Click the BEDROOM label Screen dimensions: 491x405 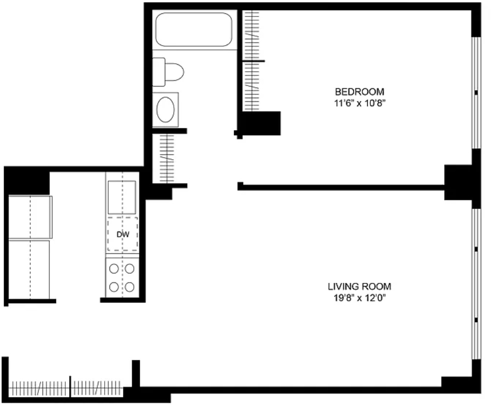(x=359, y=92)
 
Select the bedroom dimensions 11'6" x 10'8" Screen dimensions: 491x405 (x=359, y=103)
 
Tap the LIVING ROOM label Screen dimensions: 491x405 (x=359, y=287)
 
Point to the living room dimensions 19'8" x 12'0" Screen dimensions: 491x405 (x=359, y=298)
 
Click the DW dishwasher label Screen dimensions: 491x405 (x=123, y=234)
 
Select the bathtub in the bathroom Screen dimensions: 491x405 (x=194, y=29)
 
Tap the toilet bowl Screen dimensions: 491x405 (x=173, y=72)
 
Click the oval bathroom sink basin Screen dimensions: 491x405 (x=165, y=109)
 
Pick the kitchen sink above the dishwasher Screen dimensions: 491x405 (x=122, y=197)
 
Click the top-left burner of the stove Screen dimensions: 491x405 (x=114, y=269)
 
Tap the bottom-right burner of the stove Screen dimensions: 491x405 (x=130, y=287)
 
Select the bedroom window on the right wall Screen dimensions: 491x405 (x=476, y=93)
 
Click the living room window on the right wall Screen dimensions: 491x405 (x=476, y=283)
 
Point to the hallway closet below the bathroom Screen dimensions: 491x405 (x=167, y=158)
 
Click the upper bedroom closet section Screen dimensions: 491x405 (x=252, y=35)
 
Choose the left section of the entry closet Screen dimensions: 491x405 (x=39, y=388)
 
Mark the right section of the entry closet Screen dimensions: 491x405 (x=97, y=388)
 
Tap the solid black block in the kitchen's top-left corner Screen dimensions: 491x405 (x=27, y=181)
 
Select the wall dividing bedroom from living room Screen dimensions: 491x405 (x=341, y=187)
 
